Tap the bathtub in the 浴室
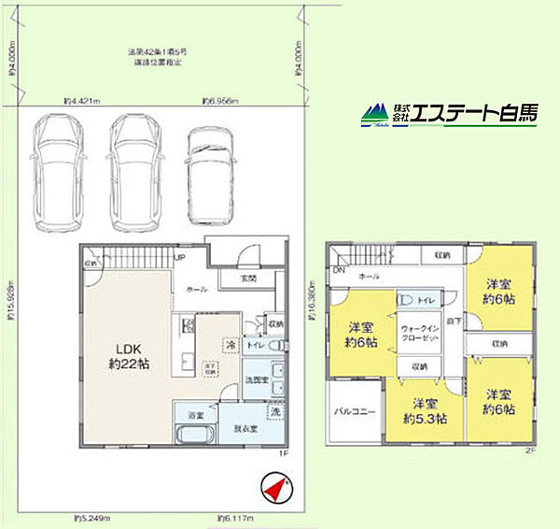tap(194, 436)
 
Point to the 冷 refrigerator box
tap(229, 344)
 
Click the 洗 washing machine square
tap(275, 410)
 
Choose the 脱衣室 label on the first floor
tap(245, 431)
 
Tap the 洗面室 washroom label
tap(258, 380)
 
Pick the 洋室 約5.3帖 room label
tap(426, 411)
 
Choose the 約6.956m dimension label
tap(220, 101)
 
